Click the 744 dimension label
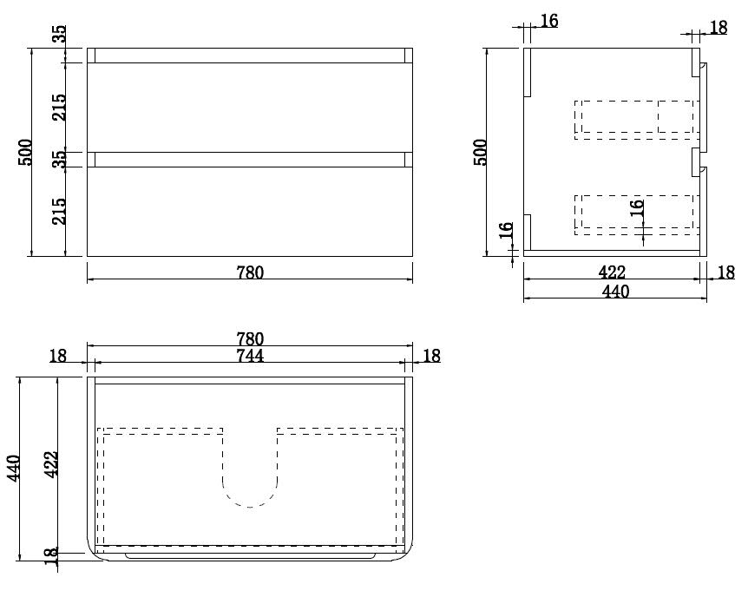[250, 355]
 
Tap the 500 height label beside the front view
[26, 153]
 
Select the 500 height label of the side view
[481, 152]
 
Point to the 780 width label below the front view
[250, 272]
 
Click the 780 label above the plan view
[250, 338]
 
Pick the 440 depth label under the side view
[615, 292]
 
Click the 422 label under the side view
[613, 272]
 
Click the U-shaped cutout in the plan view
[250, 482]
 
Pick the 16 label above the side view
[549, 21]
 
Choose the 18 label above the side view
[718, 27]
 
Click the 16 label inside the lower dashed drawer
[636, 208]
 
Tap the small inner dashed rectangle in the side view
[676, 116]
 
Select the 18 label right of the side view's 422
[726, 272]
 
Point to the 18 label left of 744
[58, 355]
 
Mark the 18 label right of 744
[431, 355]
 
